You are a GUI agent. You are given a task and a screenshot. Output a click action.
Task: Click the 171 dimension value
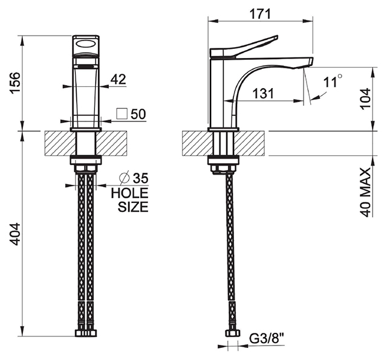pyautogui.click(x=261, y=14)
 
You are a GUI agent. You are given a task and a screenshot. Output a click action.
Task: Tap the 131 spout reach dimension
pyautogui.click(x=263, y=94)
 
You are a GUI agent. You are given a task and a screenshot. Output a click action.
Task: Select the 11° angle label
pyautogui.click(x=333, y=81)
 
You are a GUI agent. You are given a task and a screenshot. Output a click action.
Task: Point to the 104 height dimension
pyautogui.click(x=365, y=99)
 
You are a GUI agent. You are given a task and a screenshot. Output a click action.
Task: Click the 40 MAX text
pyautogui.click(x=365, y=192)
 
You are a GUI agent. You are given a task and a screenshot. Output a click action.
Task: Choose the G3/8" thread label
pyautogui.click(x=267, y=338)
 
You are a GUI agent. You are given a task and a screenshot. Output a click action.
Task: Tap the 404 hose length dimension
pyautogui.click(x=15, y=234)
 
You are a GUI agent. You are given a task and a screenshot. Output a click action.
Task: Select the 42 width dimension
pyautogui.click(x=119, y=79)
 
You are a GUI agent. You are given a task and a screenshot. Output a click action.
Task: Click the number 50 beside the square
pyautogui.click(x=138, y=114)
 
